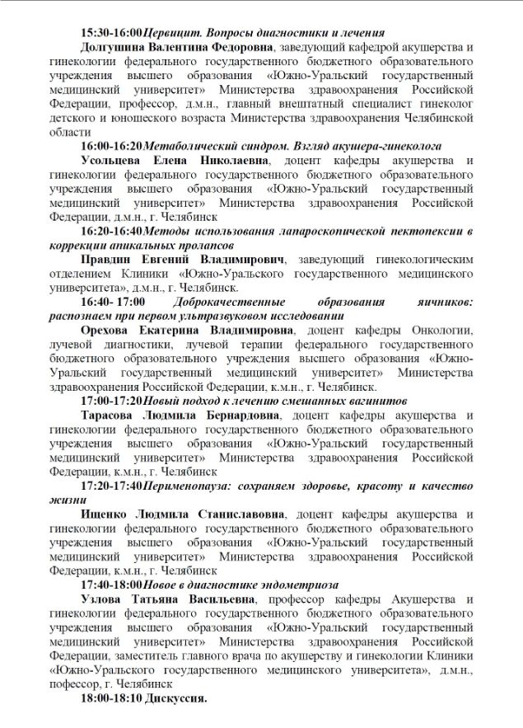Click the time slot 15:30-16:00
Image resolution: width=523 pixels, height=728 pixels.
[111, 34]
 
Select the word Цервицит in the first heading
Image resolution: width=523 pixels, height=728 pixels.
[172, 34]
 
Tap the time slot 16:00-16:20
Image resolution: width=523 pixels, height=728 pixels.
[111, 145]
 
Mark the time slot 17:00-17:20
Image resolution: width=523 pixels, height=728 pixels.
[111, 400]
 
